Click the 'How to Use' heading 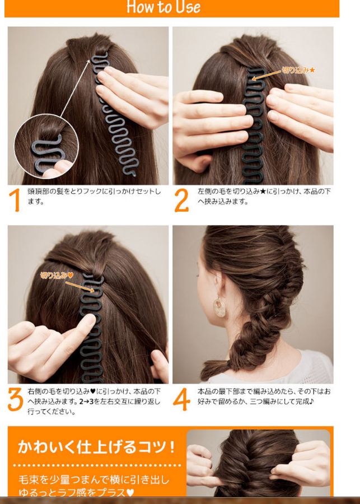163,7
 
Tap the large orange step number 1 14,200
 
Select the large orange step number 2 181,200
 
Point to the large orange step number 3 16,399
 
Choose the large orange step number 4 181,399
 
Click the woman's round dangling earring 219,307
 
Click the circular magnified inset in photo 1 46,146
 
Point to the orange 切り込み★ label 298,70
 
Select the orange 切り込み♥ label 57,275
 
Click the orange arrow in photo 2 267,75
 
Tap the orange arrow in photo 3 80,287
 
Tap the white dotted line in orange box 97,465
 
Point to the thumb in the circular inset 58,169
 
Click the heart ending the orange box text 130,492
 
